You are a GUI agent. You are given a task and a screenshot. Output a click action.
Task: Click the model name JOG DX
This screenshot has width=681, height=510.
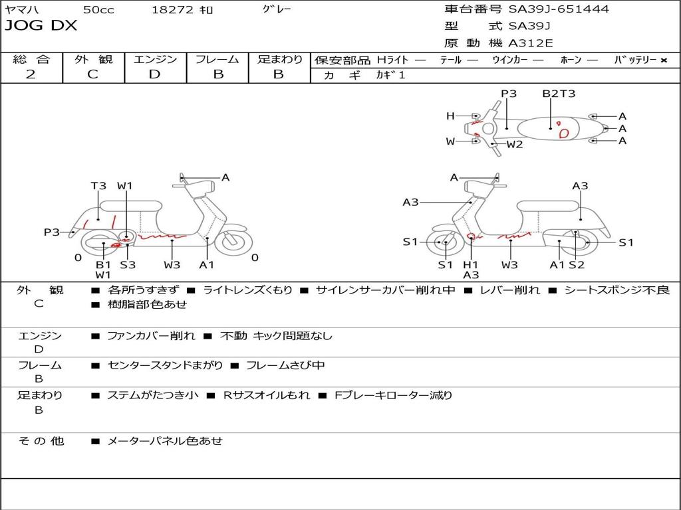point(41,26)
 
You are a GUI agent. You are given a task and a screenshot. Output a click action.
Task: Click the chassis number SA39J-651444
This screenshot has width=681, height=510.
point(559,9)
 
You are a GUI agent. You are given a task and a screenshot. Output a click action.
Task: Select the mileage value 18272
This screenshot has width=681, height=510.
point(172,10)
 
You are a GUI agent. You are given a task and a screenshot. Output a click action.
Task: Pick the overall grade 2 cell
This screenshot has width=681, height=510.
point(31,74)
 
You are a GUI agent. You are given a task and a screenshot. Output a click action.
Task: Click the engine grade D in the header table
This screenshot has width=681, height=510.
point(155,74)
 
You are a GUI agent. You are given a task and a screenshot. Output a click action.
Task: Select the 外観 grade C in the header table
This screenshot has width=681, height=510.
point(93,74)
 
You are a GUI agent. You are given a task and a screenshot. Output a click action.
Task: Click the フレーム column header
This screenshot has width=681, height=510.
point(217,60)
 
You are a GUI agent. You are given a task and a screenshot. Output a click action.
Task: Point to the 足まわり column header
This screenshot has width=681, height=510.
point(279,60)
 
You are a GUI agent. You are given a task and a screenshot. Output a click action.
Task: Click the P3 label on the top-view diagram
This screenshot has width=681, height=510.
point(509,94)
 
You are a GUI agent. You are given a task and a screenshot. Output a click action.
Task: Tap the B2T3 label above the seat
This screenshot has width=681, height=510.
point(559,94)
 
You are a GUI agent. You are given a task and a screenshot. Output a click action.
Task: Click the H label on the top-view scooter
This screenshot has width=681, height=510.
point(450,116)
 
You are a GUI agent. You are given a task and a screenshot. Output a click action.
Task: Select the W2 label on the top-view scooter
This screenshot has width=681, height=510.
point(515,144)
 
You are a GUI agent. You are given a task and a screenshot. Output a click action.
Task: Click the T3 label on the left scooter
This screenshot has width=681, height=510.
point(98,186)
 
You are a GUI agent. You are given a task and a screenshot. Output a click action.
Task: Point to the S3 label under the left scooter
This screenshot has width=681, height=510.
point(128,265)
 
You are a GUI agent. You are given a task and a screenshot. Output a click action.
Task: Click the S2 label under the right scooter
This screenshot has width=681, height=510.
point(577,265)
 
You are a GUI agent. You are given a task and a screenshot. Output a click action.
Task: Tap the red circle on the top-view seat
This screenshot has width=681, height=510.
point(564,133)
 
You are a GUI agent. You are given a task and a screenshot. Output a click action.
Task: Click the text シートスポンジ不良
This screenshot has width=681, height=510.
point(617,290)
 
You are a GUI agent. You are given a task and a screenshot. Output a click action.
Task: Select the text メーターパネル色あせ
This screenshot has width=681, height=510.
point(165,441)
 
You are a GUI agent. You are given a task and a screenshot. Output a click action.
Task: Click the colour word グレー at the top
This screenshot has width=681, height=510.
point(277,9)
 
